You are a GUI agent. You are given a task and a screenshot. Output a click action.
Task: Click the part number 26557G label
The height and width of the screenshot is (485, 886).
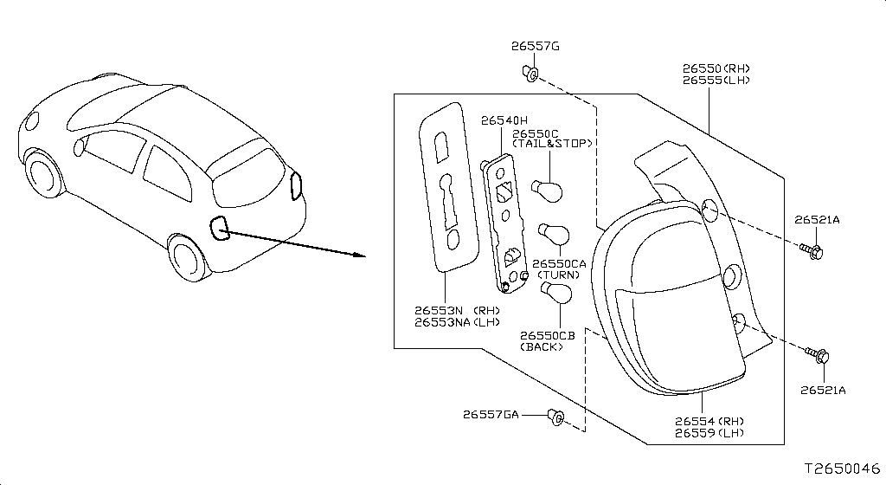point(535,47)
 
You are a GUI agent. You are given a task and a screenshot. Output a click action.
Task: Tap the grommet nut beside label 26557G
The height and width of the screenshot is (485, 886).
point(530,74)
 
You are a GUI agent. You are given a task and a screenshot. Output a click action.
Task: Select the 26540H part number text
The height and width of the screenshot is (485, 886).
point(504,120)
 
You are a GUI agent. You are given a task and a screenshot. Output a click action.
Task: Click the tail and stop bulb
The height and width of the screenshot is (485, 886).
point(547,191)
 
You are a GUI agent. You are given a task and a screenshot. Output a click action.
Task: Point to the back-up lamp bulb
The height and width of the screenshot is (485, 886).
point(556,291)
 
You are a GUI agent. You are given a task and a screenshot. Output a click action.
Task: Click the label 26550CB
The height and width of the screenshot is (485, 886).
point(548,335)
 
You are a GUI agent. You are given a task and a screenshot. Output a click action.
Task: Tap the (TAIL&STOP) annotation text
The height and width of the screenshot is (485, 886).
point(552,144)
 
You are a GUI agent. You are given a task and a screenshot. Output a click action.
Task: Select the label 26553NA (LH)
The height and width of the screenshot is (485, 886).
point(457,322)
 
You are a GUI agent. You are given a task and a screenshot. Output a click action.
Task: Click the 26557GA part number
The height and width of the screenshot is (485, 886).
point(491,414)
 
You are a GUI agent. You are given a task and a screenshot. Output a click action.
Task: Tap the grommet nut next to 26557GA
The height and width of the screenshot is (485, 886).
point(555,417)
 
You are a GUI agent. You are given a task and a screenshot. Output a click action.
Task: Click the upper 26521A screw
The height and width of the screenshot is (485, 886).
point(812,250)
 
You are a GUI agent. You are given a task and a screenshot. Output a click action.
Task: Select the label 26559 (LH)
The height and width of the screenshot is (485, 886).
point(709,433)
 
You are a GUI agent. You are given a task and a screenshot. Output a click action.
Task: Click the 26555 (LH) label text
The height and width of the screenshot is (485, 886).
point(716,81)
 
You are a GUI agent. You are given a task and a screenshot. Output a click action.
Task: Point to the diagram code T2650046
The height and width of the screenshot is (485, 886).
point(843,469)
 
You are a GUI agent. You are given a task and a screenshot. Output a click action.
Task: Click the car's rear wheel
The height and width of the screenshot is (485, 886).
point(186,258)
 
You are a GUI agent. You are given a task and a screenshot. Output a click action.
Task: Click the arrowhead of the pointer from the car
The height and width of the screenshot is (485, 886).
point(359,255)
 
